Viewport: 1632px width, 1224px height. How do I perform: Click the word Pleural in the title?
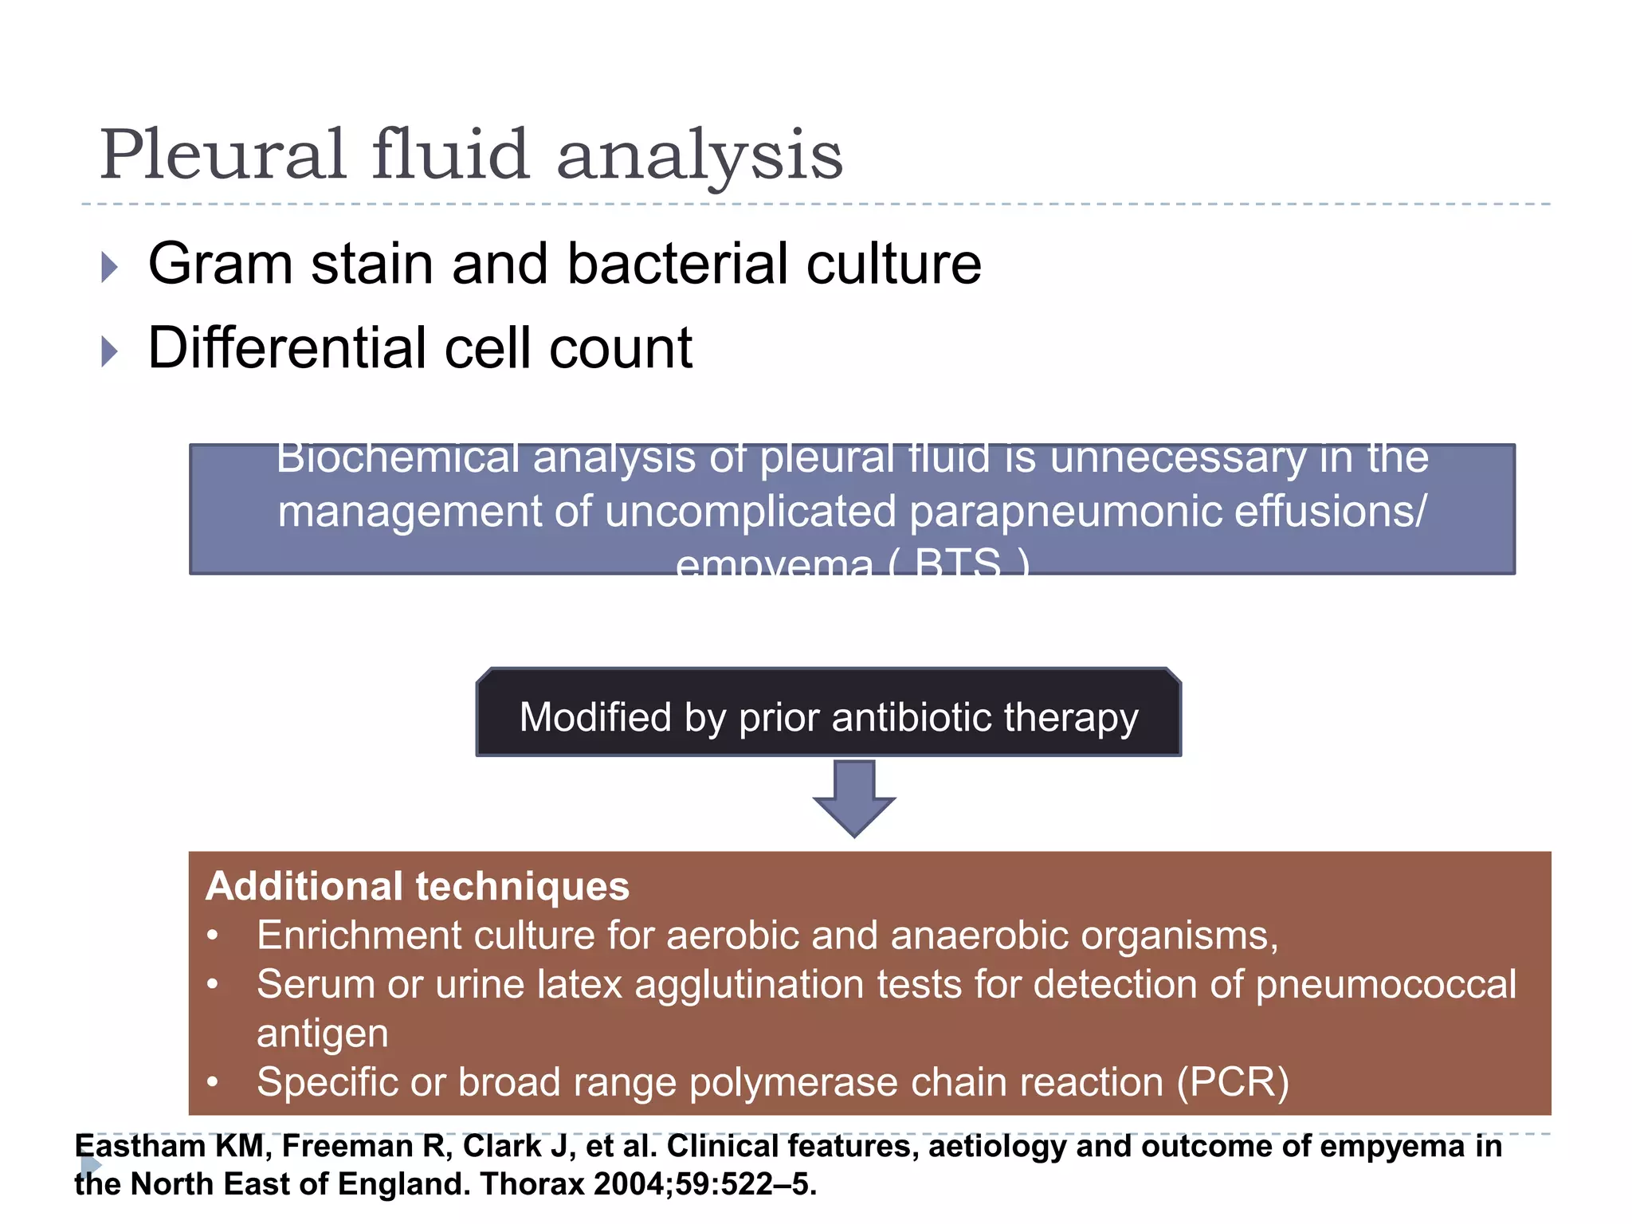point(222,155)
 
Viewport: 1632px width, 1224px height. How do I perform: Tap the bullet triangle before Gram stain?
point(110,267)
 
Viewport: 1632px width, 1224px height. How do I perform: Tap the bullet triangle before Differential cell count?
point(110,351)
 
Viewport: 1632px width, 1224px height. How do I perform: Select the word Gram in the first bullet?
point(221,264)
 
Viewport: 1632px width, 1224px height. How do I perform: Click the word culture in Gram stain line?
point(893,264)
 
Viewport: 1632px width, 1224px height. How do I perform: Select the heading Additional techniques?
point(418,886)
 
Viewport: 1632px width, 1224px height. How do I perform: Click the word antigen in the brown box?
point(323,1034)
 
